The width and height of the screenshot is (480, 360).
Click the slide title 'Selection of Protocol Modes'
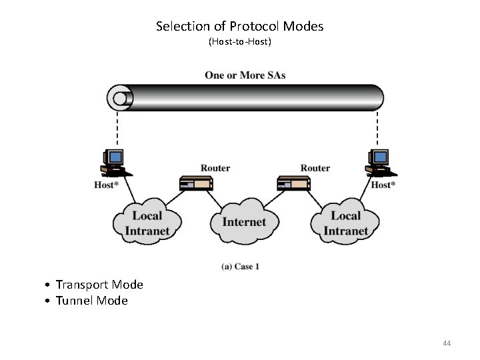click(239, 27)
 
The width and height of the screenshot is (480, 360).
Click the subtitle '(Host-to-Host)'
click(239, 42)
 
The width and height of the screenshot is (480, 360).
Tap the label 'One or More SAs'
click(245, 75)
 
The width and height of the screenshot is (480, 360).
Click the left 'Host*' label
click(106, 185)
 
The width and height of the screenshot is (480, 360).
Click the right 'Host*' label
click(383, 185)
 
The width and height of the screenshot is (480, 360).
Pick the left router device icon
click(196, 183)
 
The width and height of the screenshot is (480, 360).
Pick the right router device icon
click(293, 183)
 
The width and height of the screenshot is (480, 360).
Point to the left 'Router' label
click(215, 168)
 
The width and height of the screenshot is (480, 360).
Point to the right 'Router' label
click(315, 168)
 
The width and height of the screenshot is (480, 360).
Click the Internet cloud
click(243, 223)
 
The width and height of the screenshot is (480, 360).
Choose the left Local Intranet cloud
click(147, 223)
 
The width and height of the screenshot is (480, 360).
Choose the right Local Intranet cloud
click(345, 223)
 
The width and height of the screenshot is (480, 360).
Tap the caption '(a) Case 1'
click(240, 267)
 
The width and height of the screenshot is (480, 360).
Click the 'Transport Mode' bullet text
click(99, 285)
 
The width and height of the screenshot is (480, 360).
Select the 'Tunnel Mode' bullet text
click(91, 301)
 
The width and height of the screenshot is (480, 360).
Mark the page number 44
click(447, 343)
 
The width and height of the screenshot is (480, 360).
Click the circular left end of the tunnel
click(119, 98)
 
